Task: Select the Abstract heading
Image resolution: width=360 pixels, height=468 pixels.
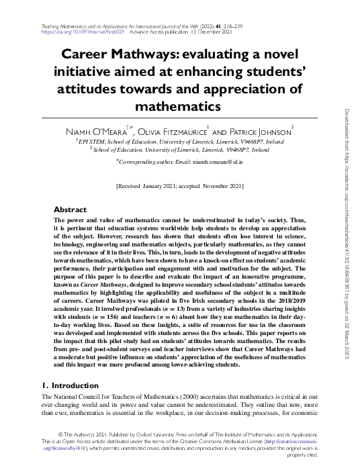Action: point(70,209)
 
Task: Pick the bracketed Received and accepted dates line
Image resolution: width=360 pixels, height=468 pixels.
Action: point(180,185)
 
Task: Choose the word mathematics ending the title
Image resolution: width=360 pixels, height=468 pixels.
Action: point(179,106)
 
